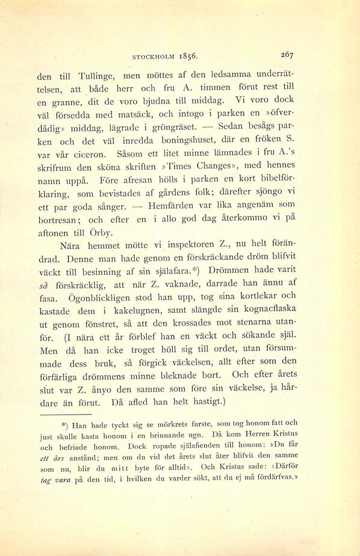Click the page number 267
click(x=287, y=54)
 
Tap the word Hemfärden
click(x=175, y=205)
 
